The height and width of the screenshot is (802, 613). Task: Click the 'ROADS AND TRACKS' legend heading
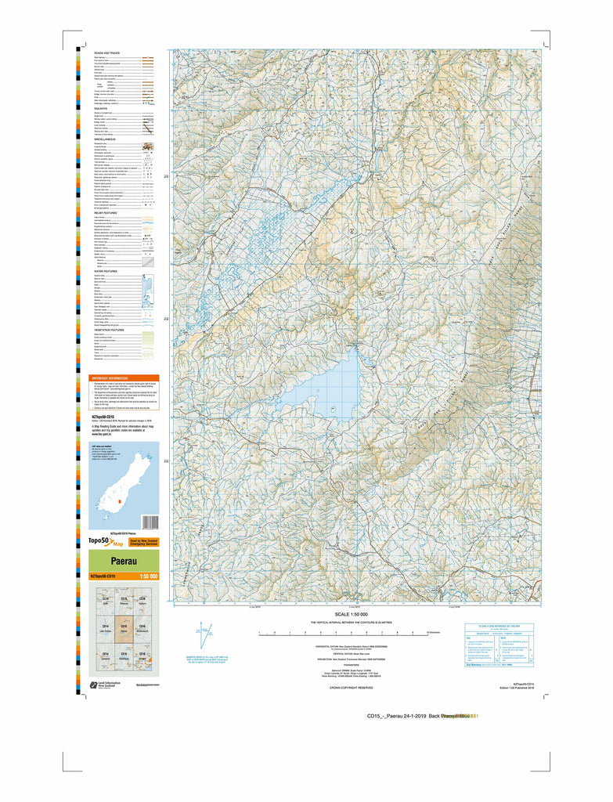click(108, 52)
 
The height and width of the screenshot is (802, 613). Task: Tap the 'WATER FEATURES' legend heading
click(106, 271)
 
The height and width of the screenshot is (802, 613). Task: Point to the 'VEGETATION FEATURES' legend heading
click(111, 330)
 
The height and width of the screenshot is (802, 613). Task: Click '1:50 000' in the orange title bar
click(148, 576)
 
